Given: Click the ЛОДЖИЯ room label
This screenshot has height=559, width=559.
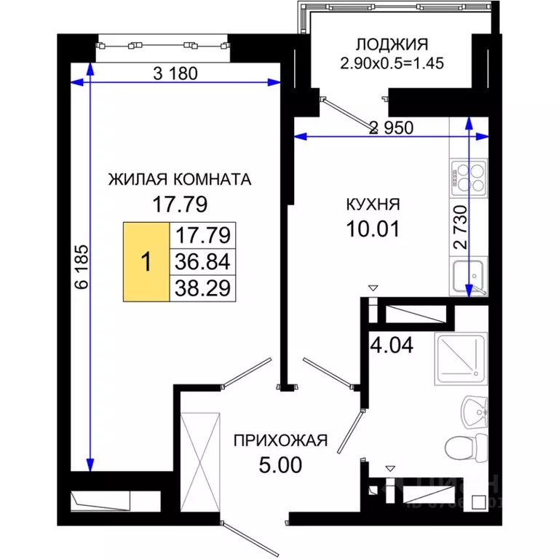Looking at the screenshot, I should pyautogui.click(x=392, y=44).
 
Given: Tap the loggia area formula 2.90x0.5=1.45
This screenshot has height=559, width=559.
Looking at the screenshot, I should pyautogui.click(x=392, y=63).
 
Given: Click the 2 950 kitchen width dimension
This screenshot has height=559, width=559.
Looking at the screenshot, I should pyautogui.click(x=391, y=128).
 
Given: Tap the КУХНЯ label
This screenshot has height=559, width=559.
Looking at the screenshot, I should pyautogui.click(x=373, y=205).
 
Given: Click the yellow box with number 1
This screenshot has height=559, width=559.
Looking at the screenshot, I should pyautogui.click(x=146, y=261).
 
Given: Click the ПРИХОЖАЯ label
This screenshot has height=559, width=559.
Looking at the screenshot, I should pyautogui.click(x=280, y=440).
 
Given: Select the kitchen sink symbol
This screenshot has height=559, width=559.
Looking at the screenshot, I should pyautogui.click(x=469, y=277).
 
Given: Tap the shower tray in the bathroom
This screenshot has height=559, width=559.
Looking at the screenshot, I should pyautogui.click(x=459, y=359).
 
